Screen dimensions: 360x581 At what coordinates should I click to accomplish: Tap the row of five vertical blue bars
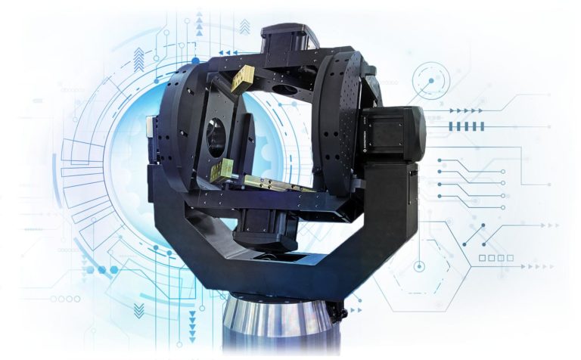click(468, 126)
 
